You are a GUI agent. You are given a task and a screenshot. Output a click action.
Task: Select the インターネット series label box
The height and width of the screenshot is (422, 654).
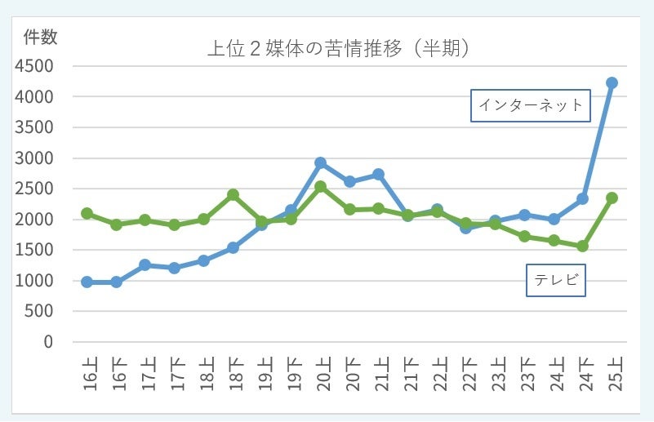pos(531,105)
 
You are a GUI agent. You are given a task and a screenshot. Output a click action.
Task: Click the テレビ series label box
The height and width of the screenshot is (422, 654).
pos(556,280)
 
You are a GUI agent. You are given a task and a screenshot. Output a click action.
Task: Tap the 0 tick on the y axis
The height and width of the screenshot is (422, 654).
pos(47,342)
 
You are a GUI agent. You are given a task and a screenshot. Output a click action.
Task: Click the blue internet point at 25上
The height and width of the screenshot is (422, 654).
pos(612,82)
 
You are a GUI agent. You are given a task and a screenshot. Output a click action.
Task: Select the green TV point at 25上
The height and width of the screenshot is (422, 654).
pos(612,198)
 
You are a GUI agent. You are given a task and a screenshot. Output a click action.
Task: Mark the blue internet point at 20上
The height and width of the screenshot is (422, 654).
pos(320,163)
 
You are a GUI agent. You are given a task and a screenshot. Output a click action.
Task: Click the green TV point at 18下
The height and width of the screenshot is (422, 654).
pos(233,195)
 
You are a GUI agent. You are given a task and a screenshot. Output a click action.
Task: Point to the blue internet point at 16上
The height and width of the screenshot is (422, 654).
pos(87,282)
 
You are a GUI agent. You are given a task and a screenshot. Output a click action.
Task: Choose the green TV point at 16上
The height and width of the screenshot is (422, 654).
pos(87,213)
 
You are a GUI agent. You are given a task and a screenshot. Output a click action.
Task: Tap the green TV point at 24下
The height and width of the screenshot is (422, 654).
pos(582,246)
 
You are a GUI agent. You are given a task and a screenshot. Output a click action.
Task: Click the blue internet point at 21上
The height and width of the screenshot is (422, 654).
pos(378,175)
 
